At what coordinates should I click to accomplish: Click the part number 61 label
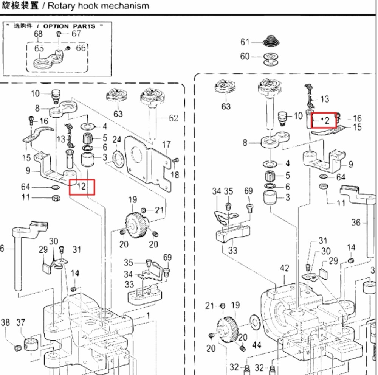245,42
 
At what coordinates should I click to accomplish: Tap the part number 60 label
245,56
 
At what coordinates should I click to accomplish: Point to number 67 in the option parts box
76,33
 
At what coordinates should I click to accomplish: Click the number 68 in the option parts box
39,34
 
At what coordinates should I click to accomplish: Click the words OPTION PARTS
69,26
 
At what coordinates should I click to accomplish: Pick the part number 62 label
174,118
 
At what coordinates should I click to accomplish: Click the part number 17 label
166,145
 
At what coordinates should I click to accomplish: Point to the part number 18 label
175,174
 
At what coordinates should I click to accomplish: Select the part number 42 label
285,268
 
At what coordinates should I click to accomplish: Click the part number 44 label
257,345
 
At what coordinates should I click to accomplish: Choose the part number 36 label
356,223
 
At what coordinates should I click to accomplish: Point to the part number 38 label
5,322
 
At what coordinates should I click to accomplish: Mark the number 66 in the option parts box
81,48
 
